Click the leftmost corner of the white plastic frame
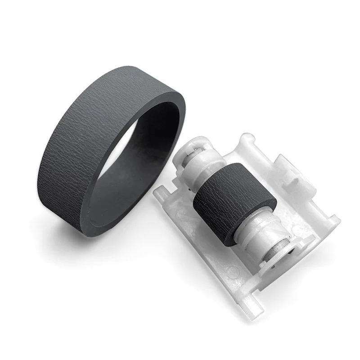(x=155, y=193)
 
